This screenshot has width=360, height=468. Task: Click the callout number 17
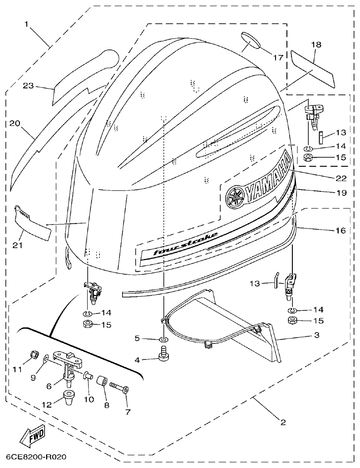point(278,58)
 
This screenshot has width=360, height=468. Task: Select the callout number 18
point(316,45)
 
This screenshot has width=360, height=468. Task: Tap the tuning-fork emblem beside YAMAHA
point(235,196)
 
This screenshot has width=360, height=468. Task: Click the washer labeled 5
point(163,339)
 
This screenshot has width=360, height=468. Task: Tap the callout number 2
point(283,423)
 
